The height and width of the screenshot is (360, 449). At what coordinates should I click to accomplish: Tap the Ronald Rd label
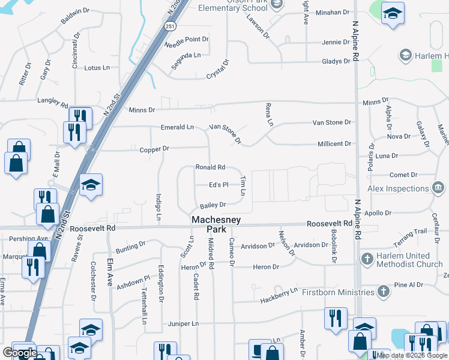pos(210,167)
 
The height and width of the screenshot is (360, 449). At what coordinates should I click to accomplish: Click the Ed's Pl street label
pos(218,185)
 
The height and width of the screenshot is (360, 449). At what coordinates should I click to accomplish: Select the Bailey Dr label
pos(212,205)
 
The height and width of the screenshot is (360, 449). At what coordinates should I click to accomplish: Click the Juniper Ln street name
pos(183,323)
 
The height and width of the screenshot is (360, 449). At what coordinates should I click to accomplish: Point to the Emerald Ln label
pos(177,127)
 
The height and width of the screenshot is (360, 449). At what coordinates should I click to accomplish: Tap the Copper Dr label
pos(155,149)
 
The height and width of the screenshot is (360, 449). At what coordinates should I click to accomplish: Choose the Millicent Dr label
pos(334,144)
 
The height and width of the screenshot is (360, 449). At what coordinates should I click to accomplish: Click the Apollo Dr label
pos(378,213)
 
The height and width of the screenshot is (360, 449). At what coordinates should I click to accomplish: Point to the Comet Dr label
pos(403,175)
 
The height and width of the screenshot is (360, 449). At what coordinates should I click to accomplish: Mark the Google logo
pos(20,353)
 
